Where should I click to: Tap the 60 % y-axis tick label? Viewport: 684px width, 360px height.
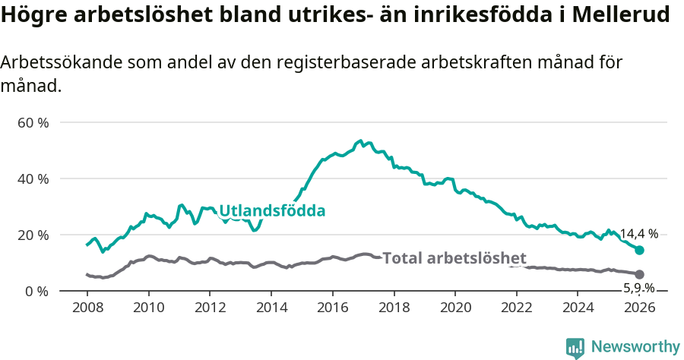(x=33, y=122)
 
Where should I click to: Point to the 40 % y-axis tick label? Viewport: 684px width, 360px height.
(x=33, y=178)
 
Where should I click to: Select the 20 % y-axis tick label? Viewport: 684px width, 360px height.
(x=33, y=235)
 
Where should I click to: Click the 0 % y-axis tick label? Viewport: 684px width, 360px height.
(x=36, y=291)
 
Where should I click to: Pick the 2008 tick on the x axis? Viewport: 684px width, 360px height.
(x=87, y=308)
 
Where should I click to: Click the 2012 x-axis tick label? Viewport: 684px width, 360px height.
(x=210, y=308)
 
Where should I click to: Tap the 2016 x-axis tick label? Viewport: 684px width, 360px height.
(x=332, y=308)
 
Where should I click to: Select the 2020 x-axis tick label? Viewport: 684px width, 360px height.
(x=455, y=308)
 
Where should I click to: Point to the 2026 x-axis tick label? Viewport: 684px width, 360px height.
(x=639, y=308)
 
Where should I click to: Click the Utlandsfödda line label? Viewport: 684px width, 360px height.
(x=272, y=211)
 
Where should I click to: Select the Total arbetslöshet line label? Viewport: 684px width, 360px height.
(x=454, y=257)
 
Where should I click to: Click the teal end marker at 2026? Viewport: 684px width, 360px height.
(x=639, y=250)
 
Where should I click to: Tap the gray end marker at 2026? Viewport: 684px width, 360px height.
(x=639, y=274)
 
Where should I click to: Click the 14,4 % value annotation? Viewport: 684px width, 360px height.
(x=638, y=234)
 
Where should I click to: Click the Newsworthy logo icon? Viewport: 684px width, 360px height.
(x=575, y=347)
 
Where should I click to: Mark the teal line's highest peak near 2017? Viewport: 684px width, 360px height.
(x=359, y=141)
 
